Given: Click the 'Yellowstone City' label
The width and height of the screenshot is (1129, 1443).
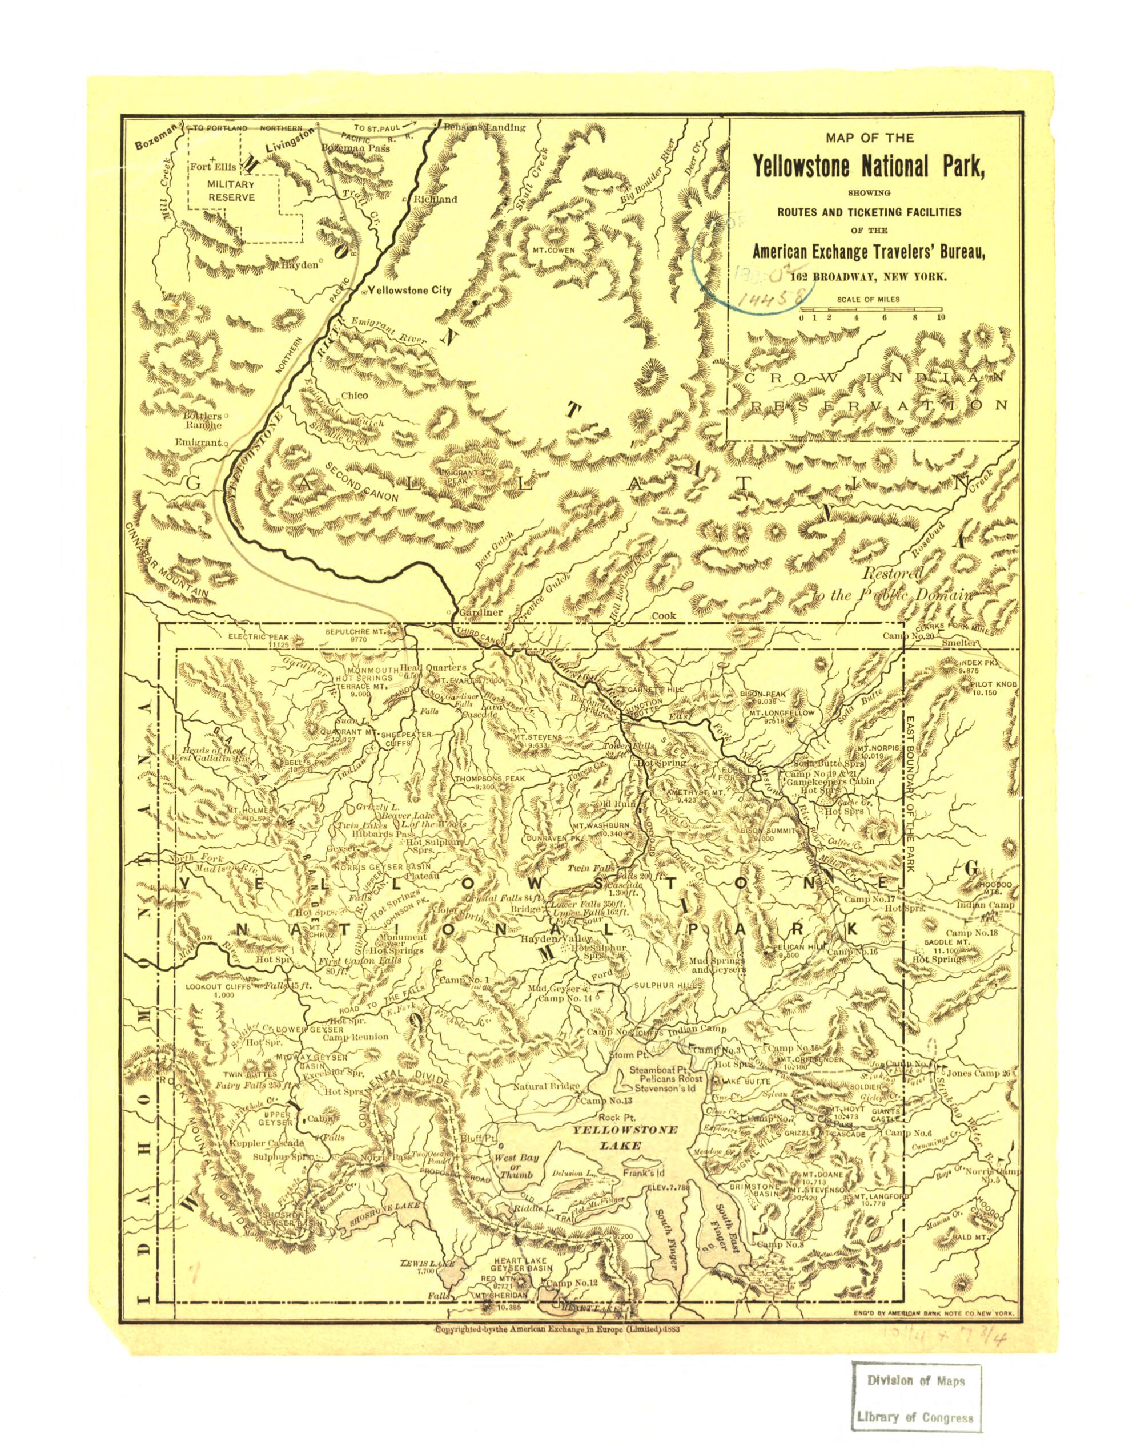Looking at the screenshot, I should pos(409,290).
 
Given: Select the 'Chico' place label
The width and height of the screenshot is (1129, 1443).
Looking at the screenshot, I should pos(354,396).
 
